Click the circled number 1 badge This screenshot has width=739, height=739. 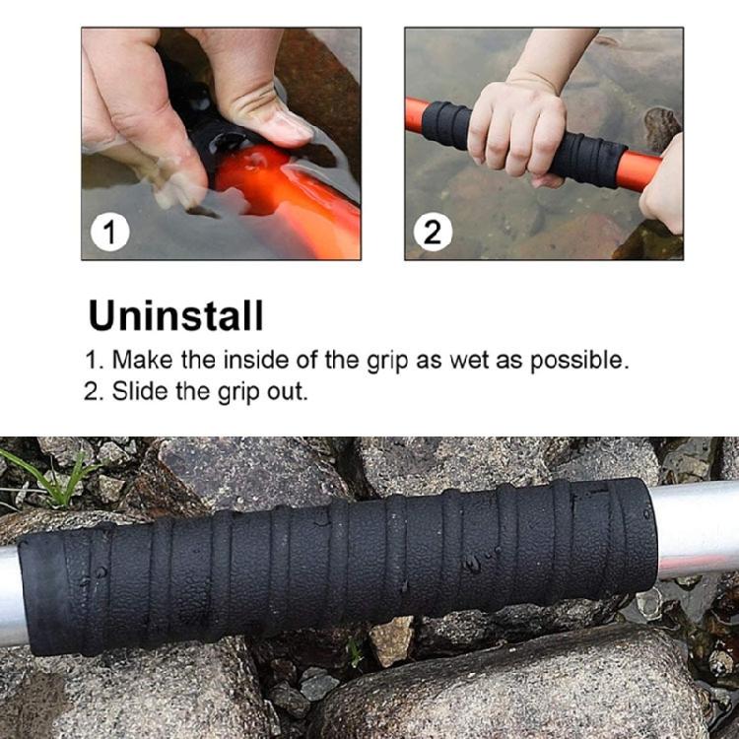[x=109, y=234]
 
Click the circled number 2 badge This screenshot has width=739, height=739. [x=433, y=234]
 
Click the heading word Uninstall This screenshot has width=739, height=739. [x=176, y=316]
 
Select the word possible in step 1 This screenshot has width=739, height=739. [x=577, y=361]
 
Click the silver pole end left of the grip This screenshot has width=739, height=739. [x=10, y=596]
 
